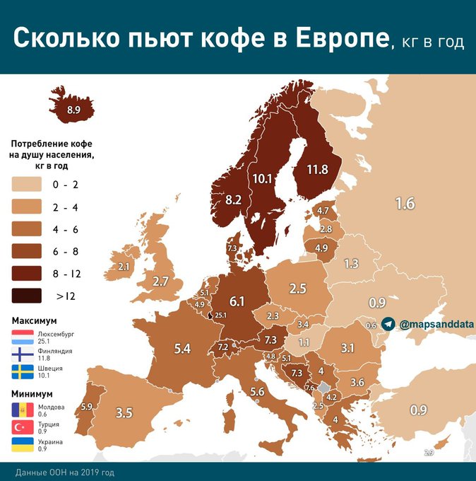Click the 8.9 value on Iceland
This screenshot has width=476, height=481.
point(73,110)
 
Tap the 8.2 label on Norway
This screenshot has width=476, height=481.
point(233,200)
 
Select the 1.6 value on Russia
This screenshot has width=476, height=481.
point(405,204)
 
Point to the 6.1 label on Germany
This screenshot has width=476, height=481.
point(237,301)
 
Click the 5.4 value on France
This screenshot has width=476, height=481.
point(183,348)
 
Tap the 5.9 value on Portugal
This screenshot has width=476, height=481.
point(87,406)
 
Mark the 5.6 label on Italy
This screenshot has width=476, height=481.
point(257,392)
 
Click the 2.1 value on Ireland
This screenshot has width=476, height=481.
point(124,267)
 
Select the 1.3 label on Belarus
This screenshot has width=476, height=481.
point(351,263)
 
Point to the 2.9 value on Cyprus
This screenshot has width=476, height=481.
point(428,452)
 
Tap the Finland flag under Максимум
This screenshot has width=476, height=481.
point(22,354)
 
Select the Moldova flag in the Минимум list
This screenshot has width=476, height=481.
point(22,410)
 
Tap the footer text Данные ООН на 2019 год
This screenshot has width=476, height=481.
point(64,472)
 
